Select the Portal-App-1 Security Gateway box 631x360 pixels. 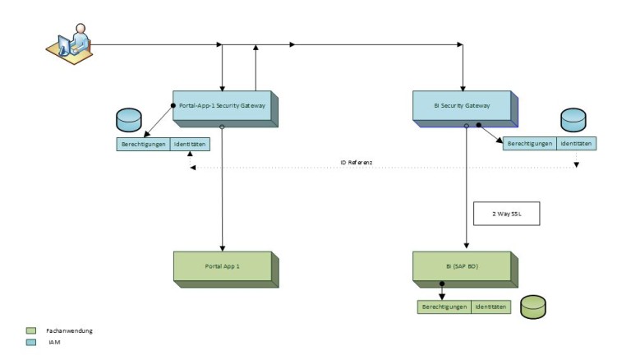(x=223, y=106)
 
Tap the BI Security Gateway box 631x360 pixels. (x=463, y=106)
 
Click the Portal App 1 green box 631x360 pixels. (x=223, y=267)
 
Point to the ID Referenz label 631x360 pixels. (x=357, y=163)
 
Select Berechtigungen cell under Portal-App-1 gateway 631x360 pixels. (x=143, y=144)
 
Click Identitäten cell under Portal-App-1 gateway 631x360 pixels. (x=190, y=144)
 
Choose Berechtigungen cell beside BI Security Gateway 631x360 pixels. (x=529, y=143)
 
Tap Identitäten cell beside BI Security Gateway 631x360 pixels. (x=576, y=143)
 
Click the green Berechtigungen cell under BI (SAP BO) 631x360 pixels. (x=444, y=307)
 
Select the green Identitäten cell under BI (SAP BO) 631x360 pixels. (x=491, y=307)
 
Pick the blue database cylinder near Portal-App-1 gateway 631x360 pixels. (x=129, y=120)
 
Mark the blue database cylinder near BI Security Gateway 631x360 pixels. (x=573, y=120)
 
